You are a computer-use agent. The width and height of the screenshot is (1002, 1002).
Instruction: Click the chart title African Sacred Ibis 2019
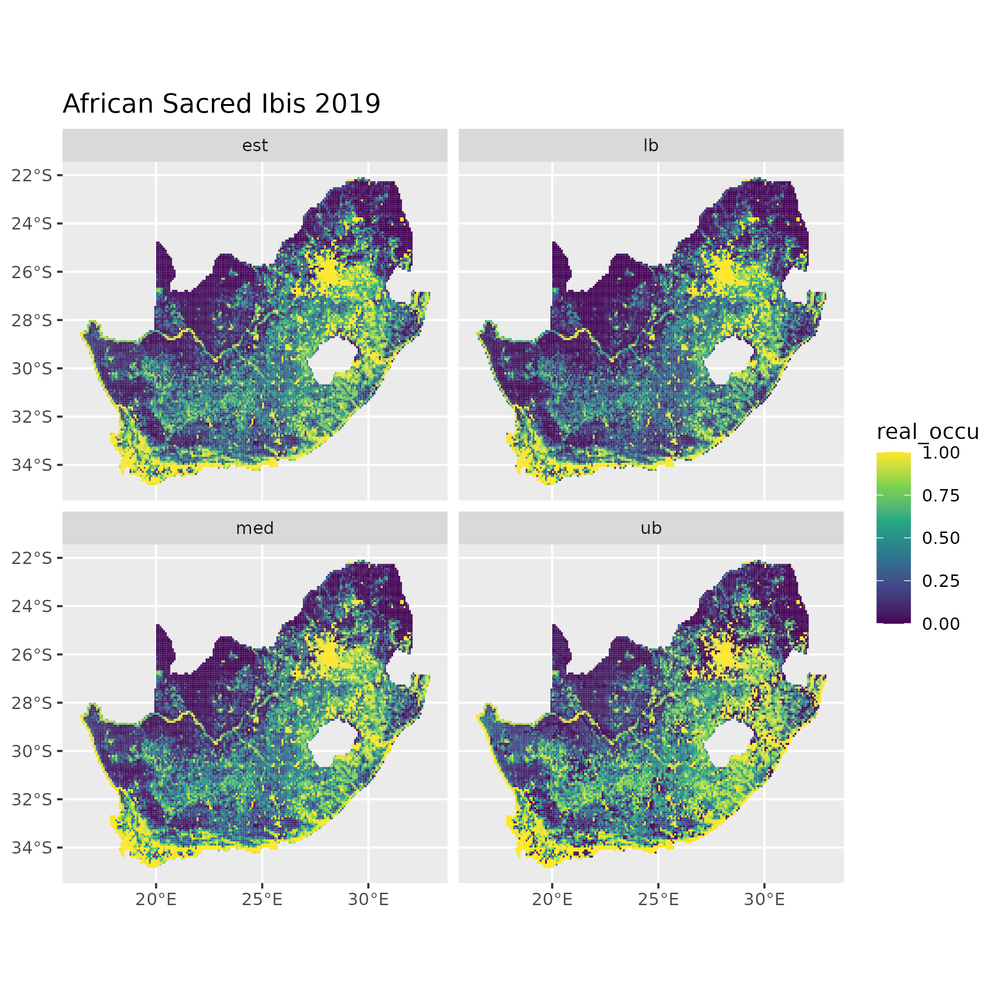[x=221, y=104]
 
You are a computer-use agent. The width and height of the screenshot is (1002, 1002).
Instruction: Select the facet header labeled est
[x=255, y=146]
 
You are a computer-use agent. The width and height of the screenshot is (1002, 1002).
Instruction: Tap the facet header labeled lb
[x=650, y=146]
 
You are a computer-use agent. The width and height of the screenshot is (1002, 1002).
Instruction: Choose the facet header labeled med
[x=255, y=528]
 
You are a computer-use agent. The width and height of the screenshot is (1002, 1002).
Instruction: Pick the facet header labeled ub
[x=650, y=528]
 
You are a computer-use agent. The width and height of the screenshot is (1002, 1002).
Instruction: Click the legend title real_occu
[x=927, y=431]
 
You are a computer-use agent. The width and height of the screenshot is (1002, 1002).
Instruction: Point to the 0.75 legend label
[x=941, y=496]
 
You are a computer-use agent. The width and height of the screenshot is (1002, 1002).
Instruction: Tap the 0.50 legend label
[x=941, y=538]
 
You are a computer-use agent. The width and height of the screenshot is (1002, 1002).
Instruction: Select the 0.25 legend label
[x=941, y=581]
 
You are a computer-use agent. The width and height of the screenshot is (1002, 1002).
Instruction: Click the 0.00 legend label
[x=941, y=624]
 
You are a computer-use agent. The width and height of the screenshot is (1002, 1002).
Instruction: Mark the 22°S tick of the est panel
[x=32, y=175]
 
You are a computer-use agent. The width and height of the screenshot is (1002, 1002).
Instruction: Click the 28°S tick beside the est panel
[x=32, y=320]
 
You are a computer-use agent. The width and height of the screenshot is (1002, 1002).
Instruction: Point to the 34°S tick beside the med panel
[x=32, y=847]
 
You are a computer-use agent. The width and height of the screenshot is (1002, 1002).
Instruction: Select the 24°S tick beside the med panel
[x=32, y=606]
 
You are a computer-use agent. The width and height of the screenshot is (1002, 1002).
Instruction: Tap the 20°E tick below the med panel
[x=156, y=899]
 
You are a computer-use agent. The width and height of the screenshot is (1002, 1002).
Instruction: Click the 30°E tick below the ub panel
[x=764, y=899]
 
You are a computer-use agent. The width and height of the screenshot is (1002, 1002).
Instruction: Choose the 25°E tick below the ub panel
[x=658, y=899]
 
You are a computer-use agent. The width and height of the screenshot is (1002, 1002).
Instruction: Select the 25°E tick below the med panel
[x=262, y=899]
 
